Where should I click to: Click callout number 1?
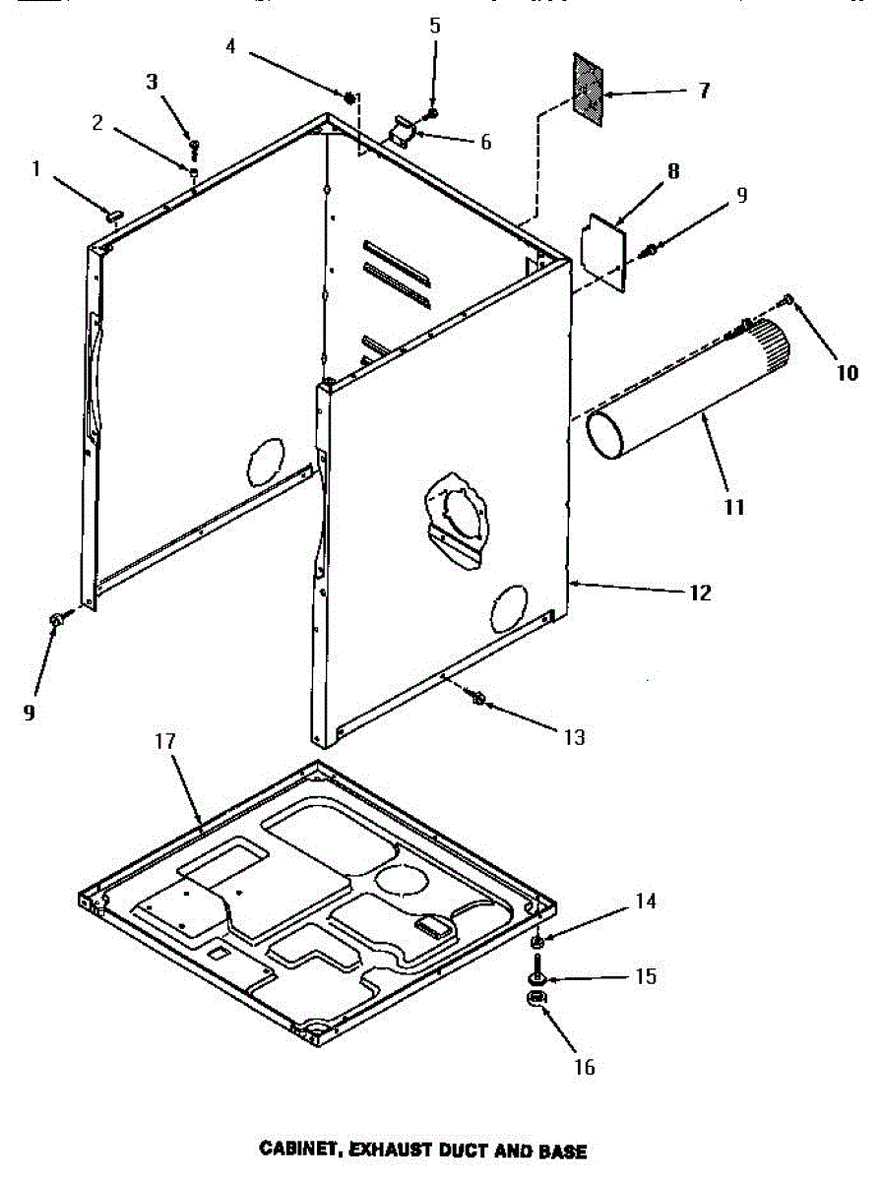click(35, 169)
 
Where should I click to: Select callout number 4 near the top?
click(229, 45)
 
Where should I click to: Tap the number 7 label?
click(703, 91)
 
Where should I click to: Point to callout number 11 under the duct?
click(733, 508)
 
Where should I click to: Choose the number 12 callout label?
click(700, 593)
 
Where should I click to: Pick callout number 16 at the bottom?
click(585, 1067)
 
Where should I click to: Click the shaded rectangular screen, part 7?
click(588, 90)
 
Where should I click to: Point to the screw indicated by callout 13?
click(478, 699)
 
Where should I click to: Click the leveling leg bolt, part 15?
click(537, 977)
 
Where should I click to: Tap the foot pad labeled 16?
click(536, 1001)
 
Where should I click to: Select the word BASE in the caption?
click(563, 1150)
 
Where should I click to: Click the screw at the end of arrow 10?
click(787, 298)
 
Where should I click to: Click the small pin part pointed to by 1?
click(114, 211)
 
